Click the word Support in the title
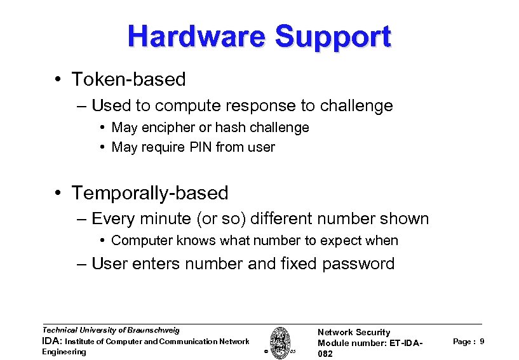tap(334, 37)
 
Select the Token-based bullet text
tap(128, 79)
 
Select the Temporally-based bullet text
tap(150, 192)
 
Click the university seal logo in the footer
tap(278, 342)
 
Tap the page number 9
tap(482, 342)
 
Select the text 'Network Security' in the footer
tap(354, 332)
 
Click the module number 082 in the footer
tap(325, 354)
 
